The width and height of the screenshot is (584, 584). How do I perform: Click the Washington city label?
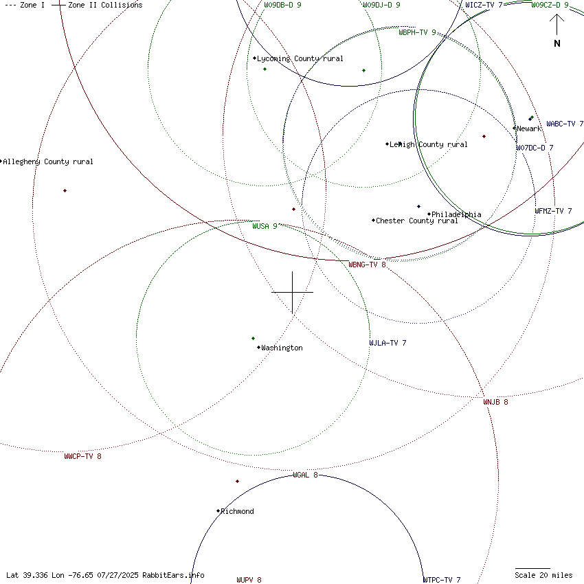pos(282,348)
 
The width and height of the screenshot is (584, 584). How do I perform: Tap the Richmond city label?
pos(237,511)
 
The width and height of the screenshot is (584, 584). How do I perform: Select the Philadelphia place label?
pos(456,214)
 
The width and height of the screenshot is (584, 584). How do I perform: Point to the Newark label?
pos(529,128)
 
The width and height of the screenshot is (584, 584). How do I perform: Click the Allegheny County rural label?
pos(48,162)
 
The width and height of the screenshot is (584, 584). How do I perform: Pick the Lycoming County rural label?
pos(300,59)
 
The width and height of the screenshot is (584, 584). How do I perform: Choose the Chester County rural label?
pos(417,221)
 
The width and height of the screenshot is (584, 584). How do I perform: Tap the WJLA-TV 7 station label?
pos(388,343)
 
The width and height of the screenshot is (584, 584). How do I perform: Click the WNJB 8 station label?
pos(495,402)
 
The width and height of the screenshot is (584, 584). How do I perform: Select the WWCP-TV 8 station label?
pos(82,456)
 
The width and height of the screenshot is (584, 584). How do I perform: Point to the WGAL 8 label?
pos(305,475)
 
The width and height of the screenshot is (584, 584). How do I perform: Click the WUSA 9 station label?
pos(265,226)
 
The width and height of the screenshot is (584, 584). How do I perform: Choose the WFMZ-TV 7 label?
pos(553,211)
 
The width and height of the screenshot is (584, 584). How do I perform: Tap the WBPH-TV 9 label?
pos(417,32)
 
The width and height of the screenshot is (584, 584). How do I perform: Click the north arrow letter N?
pos(557,43)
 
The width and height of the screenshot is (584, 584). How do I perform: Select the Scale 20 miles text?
pos(543,575)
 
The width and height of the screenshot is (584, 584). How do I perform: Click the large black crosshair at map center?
pos(293,292)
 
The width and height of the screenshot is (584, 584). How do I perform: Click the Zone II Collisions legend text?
pos(105,5)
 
